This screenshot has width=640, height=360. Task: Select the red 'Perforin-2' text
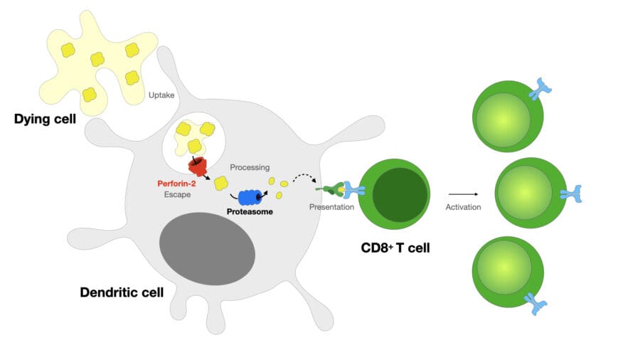click(x=176, y=183)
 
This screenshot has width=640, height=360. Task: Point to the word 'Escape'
click(x=176, y=194)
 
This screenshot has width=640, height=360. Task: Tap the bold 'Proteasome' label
click(x=249, y=211)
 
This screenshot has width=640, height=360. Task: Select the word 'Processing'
click(x=250, y=167)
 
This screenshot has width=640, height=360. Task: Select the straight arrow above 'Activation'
click(x=463, y=194)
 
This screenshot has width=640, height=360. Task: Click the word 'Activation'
click(x=463, y=208)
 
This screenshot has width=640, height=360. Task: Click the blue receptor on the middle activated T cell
click(x=571, y=194)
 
